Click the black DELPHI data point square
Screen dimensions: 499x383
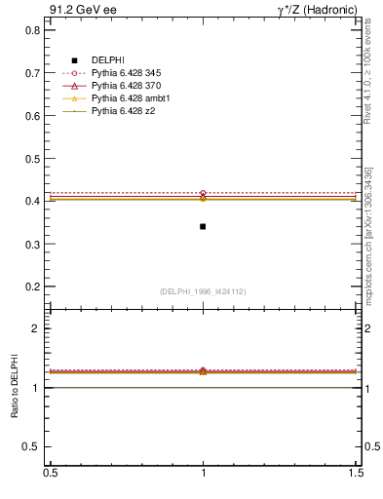(203, 226)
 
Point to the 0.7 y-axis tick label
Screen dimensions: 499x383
(31, 73)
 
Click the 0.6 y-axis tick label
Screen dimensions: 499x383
(31, 116)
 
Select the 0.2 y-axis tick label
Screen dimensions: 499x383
(31, 287)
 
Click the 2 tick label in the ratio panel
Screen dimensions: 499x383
(36, 329)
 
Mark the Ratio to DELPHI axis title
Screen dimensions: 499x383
(13, 387)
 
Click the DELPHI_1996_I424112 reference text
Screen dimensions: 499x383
(203, 291)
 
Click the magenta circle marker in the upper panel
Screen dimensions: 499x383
(203, 193)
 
